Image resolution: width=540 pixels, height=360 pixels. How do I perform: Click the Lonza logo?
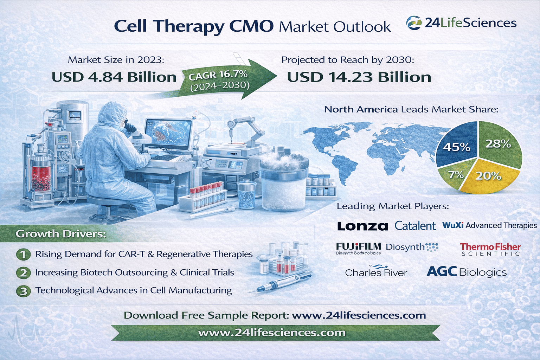[x=362, y=226]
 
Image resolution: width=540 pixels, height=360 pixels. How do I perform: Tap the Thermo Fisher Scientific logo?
[x=490, y=249]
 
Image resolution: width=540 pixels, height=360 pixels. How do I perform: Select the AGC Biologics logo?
[x=467, y=272]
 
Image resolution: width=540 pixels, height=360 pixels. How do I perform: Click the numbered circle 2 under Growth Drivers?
[x=24, y=273]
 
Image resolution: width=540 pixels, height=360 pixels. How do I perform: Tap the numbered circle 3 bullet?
[x=24, y=291]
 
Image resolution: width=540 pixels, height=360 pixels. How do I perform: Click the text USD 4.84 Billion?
[x=114, y=77]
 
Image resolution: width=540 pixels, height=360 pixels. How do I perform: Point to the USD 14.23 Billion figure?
[x=359, y=77]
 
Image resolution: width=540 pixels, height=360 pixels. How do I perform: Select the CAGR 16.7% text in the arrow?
[x=218, y=75]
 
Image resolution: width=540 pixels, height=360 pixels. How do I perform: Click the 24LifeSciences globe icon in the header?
[x=414, y=23]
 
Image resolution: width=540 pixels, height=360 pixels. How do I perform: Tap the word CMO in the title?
[x=251, y=26]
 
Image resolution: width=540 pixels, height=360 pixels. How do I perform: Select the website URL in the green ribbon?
[x=272, y=333]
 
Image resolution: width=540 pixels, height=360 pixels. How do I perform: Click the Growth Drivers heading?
[x=61, y=234]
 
